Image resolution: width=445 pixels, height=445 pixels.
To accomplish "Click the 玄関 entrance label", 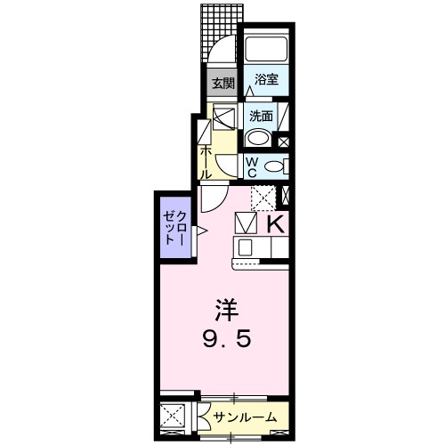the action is [x=223, y=84].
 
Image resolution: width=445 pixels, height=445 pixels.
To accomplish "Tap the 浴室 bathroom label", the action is [x=266, y=79].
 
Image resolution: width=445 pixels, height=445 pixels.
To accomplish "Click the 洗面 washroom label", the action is [x=261, y=117].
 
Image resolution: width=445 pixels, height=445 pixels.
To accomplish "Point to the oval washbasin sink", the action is [x=258, y=138].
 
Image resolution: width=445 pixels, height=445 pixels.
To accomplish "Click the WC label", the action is [x=252, y=167].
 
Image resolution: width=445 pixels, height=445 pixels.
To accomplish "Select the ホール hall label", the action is [x=205, y=162].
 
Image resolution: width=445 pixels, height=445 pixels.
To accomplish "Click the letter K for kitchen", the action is [x=276, y=224].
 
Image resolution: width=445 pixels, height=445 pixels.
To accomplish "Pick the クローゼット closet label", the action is [x=175, y=228].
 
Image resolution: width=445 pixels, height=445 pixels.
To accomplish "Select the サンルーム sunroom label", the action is [x=245, y=417].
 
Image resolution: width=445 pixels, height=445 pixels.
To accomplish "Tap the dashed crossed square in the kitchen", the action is [x=264, y=198].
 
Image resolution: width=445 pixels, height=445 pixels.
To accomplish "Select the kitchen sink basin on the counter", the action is [x=245, y=247].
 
